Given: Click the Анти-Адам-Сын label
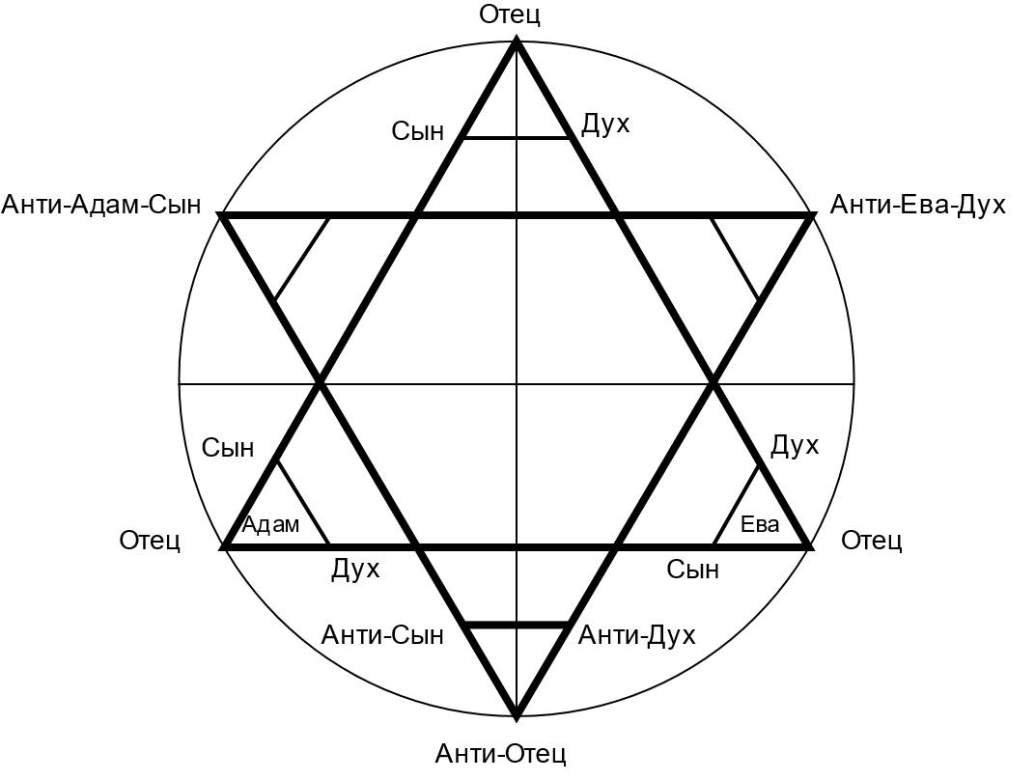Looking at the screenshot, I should [x=101, y=205].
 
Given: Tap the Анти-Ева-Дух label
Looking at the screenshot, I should [x=917, y=205].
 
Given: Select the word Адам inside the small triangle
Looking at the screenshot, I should [x=270, y=525].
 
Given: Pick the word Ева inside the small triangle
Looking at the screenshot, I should [x=759, y=525].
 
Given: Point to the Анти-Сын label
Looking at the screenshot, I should [x=382, y=635].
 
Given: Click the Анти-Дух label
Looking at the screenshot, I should [x=636, y=635].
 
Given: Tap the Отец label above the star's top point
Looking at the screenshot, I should [x=509, y=14].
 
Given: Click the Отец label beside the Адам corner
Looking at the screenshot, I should [x=150, y=541].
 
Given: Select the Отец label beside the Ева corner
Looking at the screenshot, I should [x=871, y=541].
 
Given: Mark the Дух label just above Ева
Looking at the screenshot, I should [x=795, y=446].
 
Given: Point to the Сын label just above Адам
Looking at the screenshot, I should [x=228, y=448].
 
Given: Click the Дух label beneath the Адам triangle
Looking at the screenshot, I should [x=355, y=570].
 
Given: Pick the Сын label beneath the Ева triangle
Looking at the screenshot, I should [x=692, y=570].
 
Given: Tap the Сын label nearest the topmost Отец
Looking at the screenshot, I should [x=417, y=131].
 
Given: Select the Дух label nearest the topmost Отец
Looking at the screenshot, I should [x=605, y=125].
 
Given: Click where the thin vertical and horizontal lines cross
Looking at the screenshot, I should [x=517, y=384].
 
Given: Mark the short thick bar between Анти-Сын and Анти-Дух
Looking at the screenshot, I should [x=517, y=626].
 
